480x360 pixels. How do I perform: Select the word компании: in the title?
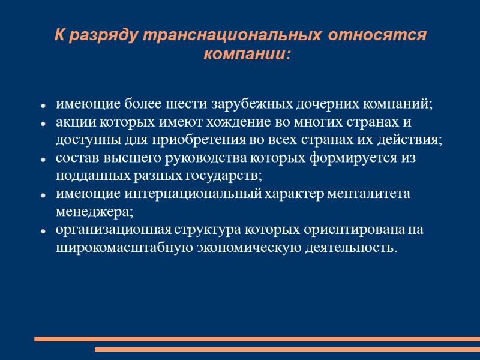[x=247, y=55]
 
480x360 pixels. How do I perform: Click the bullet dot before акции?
[x=44, y=124]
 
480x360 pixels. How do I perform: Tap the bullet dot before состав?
[x=44, y=160]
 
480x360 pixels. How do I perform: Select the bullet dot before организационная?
[x=44, y=232]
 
